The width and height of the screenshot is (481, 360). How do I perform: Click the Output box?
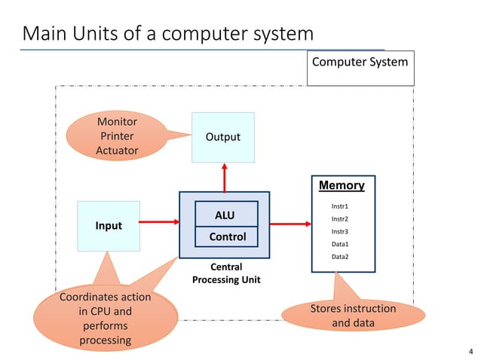point(223,137)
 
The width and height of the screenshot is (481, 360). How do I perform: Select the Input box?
point(109,226)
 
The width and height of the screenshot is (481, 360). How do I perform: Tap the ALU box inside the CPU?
point(225,215)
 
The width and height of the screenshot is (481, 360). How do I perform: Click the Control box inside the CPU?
point(227,236)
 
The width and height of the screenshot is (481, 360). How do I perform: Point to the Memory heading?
point(342,185)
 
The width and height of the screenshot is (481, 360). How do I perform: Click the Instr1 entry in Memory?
point(341,206)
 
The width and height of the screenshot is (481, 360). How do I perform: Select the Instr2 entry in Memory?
point(341,218)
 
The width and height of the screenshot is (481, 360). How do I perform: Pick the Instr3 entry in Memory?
point(341,231)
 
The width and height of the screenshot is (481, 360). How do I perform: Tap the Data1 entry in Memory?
point(341,244)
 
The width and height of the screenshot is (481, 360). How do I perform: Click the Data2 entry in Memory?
point(341,257)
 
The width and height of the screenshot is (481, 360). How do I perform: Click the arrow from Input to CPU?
point(159,222)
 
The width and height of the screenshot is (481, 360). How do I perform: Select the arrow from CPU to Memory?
point(290,223)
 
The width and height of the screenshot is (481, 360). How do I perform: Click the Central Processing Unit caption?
point(224,273)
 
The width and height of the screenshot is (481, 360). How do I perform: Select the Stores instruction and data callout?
point(353,316)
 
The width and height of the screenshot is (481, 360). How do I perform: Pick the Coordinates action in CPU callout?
point(105,319)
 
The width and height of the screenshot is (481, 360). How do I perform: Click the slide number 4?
point(470,352)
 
